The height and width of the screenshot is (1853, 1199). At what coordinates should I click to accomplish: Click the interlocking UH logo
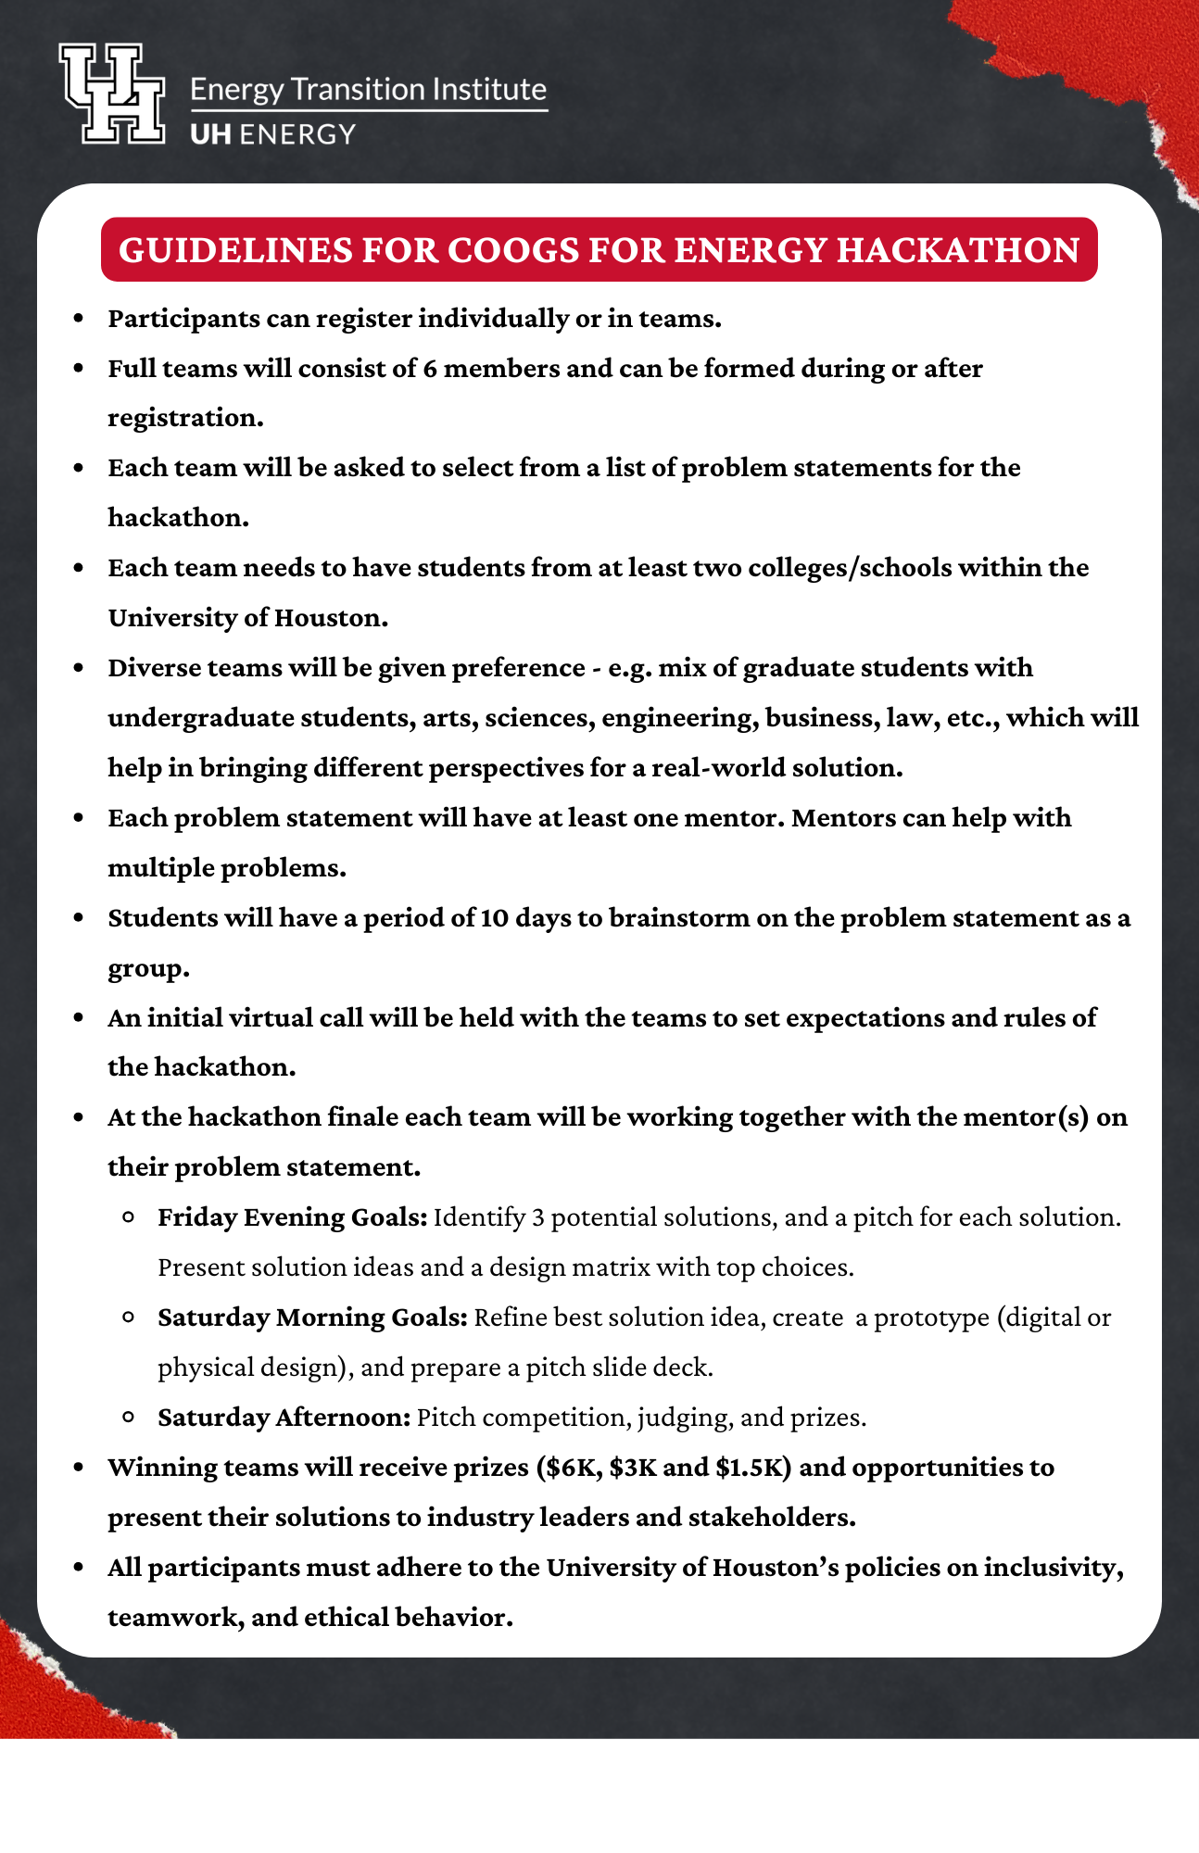[112, 94]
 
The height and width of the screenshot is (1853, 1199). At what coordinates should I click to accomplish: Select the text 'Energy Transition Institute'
[368, 90]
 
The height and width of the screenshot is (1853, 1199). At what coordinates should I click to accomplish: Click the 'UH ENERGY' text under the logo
[272, 134]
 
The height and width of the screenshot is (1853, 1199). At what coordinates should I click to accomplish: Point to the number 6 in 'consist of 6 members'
[430, 369]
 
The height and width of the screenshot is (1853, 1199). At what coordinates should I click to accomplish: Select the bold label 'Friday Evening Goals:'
[292, 1217]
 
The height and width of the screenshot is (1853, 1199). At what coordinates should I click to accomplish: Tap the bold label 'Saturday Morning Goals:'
[312, 1317]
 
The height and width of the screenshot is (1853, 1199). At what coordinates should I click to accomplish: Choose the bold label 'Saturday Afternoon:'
[284, 1418]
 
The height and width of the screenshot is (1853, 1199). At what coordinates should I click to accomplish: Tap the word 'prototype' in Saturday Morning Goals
[931, 1317]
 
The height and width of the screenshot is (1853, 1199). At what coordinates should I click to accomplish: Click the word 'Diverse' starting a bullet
[154, 668]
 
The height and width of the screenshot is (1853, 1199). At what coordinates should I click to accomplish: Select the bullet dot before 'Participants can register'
[80, 319]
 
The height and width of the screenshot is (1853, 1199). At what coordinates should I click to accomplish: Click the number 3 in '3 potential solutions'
[538, 1217]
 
